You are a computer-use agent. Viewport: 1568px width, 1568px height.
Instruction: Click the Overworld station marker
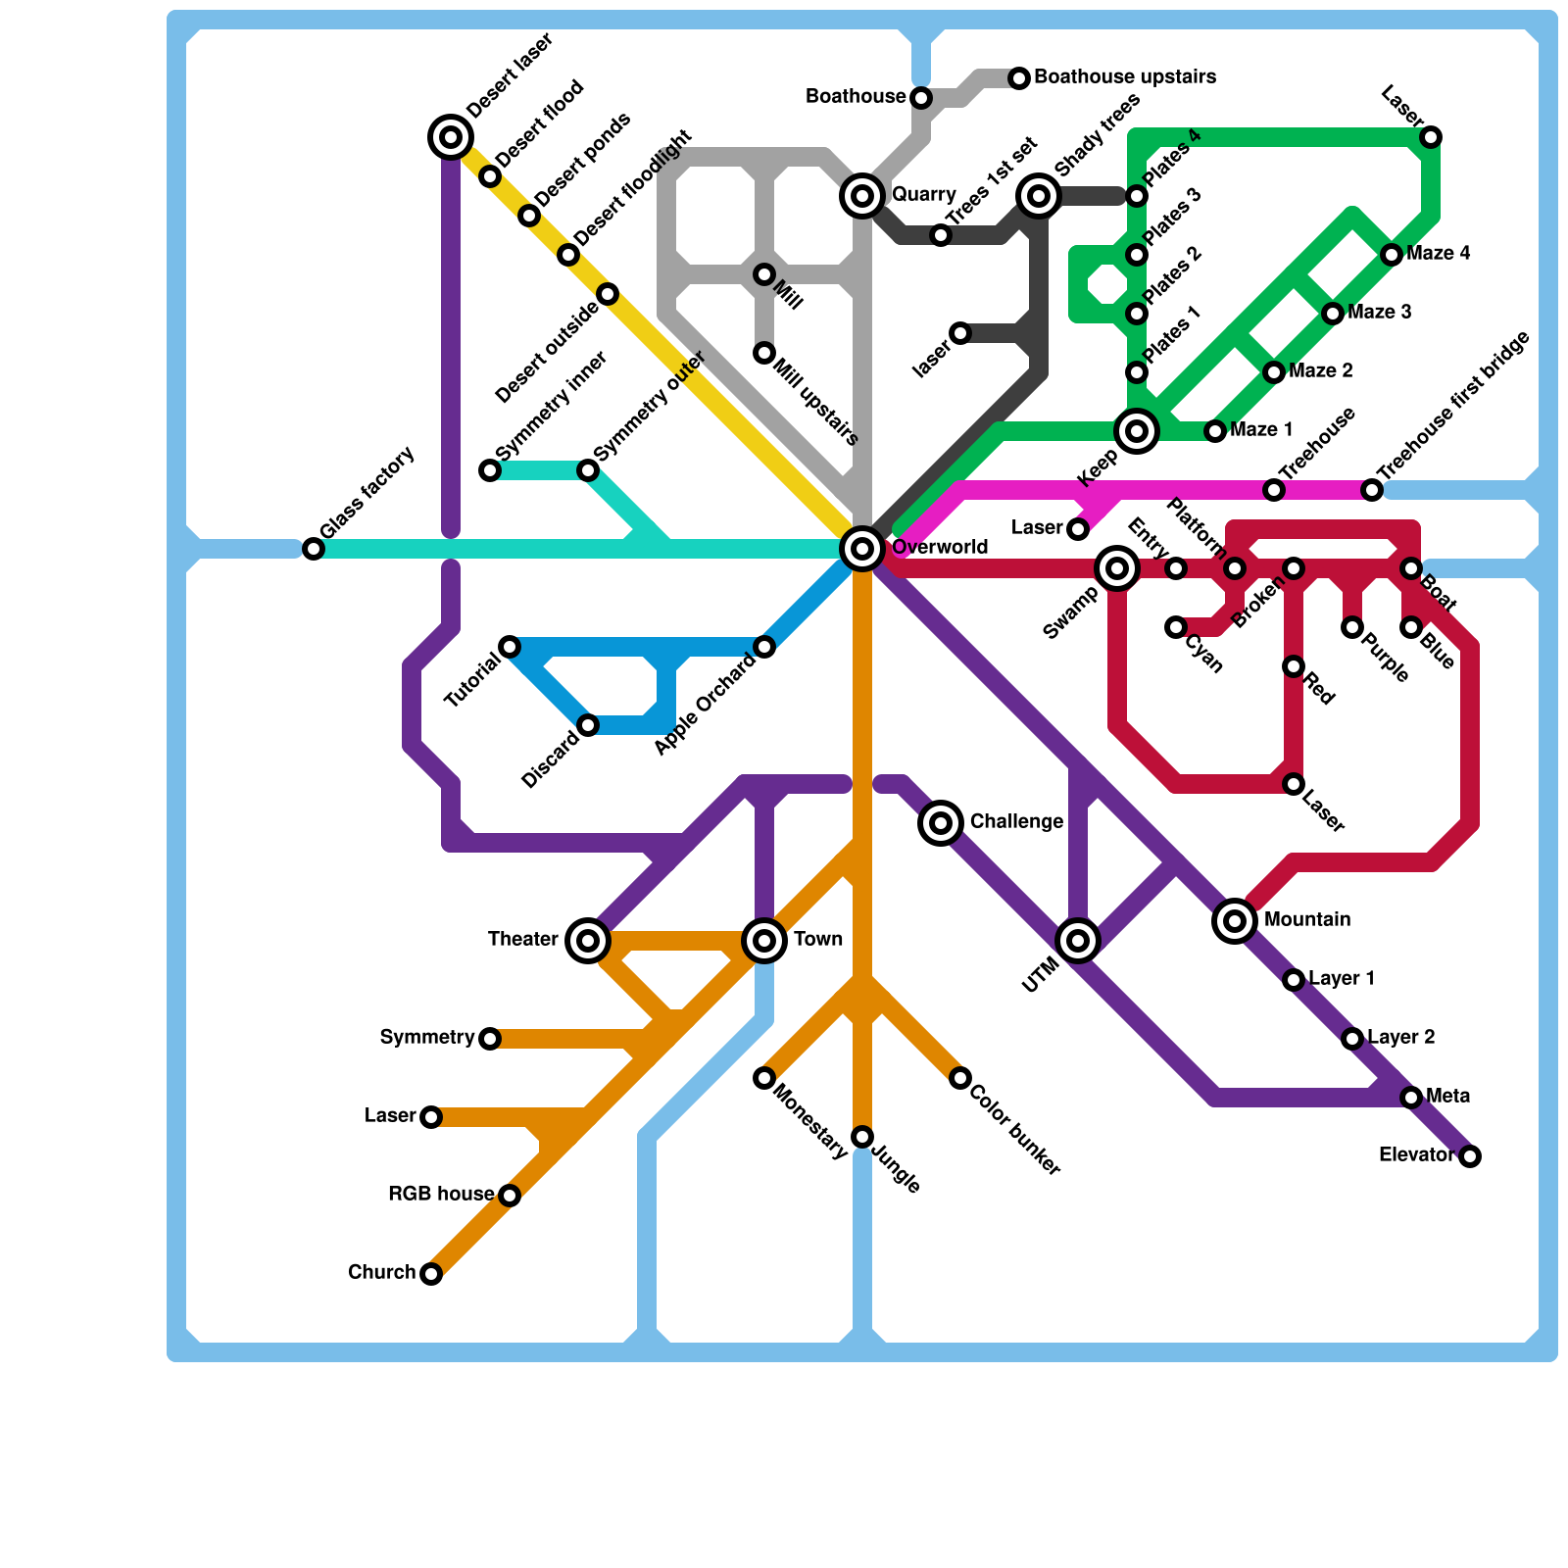click(x=862, y=549)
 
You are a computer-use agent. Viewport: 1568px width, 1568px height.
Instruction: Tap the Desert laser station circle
click(x=451, y=137)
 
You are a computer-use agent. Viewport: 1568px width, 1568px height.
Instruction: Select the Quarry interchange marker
click(x=862, y=196)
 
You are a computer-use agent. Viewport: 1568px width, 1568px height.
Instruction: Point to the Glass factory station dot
click(x=314, y=549)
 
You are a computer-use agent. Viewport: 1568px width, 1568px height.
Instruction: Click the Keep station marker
click(x=1137, y=431)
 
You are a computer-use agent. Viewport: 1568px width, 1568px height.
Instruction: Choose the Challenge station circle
click(x=941, y=823)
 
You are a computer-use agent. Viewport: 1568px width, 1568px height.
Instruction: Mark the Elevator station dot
click(x=1470, y=1156)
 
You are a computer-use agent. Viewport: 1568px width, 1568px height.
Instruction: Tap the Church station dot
click(x=431, y=1274)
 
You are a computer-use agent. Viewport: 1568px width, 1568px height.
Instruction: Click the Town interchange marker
click(x=764, y=941)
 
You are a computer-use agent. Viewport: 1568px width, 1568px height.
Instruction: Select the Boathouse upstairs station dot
click(x=1019, y=78)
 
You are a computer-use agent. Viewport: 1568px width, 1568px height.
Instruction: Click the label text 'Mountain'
click(x=1307, y=920)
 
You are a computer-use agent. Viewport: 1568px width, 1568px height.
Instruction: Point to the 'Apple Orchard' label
click(x=705, y=705)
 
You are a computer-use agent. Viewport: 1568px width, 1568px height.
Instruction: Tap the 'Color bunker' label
click(x=1015, y=1131)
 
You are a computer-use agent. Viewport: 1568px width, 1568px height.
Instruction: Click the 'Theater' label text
click(x=523, y=940)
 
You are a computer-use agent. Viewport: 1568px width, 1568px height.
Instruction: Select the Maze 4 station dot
click(x=1392, y=255)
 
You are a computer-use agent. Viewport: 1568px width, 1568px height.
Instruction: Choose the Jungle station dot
click(x=862, y=1137)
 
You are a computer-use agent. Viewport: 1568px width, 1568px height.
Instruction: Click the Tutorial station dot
click(x=510, y=647)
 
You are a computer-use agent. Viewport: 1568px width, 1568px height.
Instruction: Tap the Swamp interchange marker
click(x=1117, y=568)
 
